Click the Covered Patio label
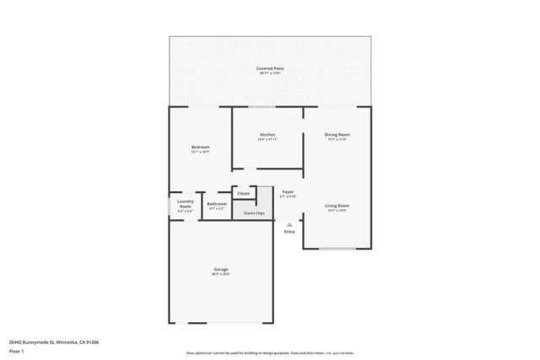(269, 68)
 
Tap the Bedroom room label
(201, 147)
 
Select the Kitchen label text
(267, 135)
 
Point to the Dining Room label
(337, 135)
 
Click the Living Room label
(337, 206)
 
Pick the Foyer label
(288, 191)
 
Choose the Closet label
(244, 193)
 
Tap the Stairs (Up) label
(254, 213)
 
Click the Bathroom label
(217, 204)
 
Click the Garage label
(222, 270)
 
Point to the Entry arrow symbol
(289, 224)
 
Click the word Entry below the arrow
(289, 232)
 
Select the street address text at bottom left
(54, 341)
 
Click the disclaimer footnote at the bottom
(269, 353)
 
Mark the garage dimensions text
(222, 275)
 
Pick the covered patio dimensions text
(269, 73)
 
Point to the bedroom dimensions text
(201, 152)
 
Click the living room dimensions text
(337, 211)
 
